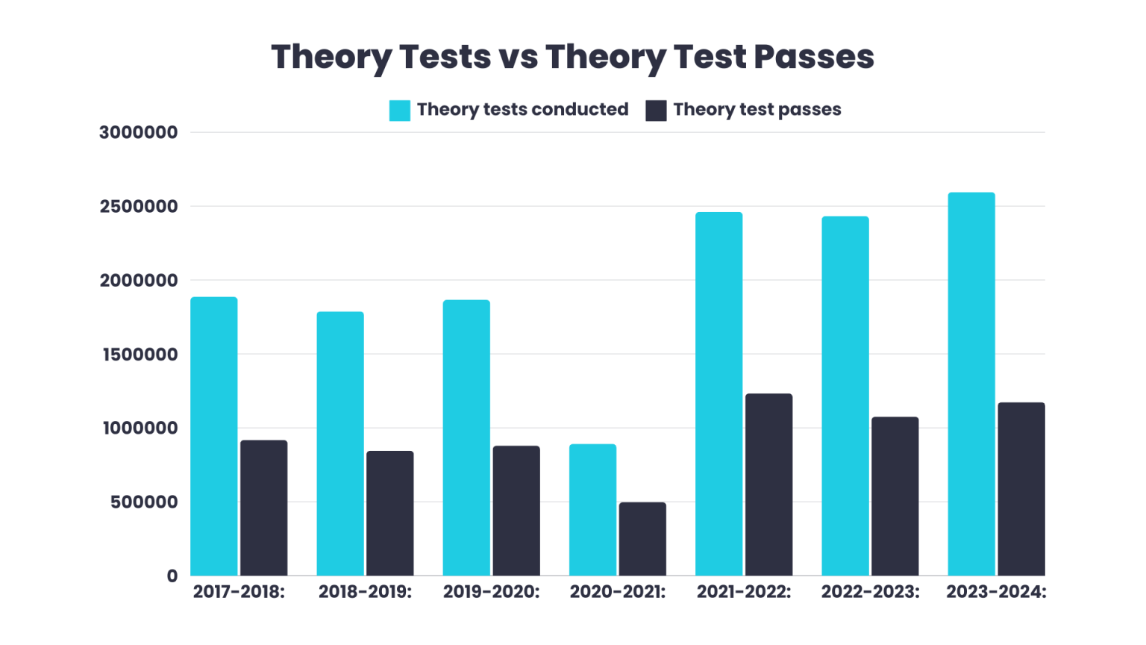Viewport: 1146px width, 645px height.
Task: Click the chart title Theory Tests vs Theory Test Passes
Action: click(572, 57)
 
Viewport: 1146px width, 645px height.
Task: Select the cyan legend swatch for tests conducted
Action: click(399, 110)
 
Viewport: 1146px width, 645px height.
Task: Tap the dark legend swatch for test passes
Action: click(656, 110)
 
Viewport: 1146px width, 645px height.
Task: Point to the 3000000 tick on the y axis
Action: click(139, 133)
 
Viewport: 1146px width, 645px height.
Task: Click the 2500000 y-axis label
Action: click(139, 207)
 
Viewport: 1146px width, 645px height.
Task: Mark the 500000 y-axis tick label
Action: click(144, 502)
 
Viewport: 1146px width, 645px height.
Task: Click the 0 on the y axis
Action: click(172, 576)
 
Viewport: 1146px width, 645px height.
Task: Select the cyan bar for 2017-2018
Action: click(214, 437)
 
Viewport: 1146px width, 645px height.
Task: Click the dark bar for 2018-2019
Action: click(389, 514)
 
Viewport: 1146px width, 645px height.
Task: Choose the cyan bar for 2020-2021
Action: click(592, 510)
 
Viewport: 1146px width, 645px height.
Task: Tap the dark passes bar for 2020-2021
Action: click(642, 539)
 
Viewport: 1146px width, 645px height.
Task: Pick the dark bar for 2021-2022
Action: click(768, 485)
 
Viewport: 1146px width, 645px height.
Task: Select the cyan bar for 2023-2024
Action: click(971, 384)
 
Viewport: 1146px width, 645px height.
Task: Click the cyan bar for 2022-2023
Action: click(845, 396)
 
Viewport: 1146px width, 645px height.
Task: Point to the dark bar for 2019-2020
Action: click(516, 511)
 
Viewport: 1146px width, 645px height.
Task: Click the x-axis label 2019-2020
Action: click(491, 592)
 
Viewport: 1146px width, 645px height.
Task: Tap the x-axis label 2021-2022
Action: click(744, 592)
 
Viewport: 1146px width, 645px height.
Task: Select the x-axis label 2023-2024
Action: click(996, 592)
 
